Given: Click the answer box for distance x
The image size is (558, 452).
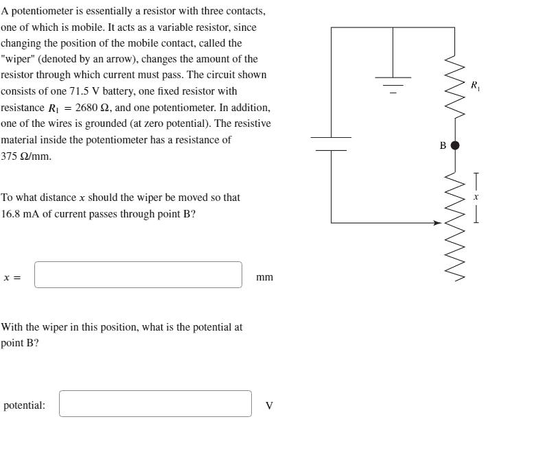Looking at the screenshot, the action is click(138, 274).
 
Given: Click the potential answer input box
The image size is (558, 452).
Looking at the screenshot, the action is click(155, 403).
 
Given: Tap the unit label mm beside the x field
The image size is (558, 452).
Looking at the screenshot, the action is click(264, 277).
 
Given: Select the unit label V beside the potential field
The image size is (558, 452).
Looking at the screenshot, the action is click(269, 405).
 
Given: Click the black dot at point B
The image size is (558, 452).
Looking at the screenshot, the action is click(454, 145).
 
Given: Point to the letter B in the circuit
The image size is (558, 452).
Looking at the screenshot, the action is click(442, 145).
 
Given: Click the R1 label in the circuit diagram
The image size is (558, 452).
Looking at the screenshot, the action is click(475, 86).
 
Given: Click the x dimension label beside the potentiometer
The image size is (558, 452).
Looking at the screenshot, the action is click(475, 196).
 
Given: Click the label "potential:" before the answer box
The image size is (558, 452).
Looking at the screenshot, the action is click(25, 405).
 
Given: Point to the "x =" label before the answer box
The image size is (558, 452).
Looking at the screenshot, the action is click(12, 277).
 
